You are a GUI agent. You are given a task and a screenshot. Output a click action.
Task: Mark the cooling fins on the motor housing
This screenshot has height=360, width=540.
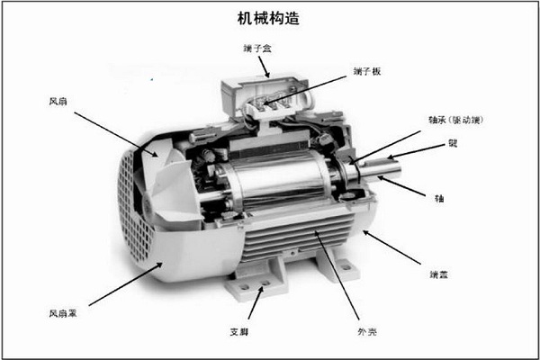297,243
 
